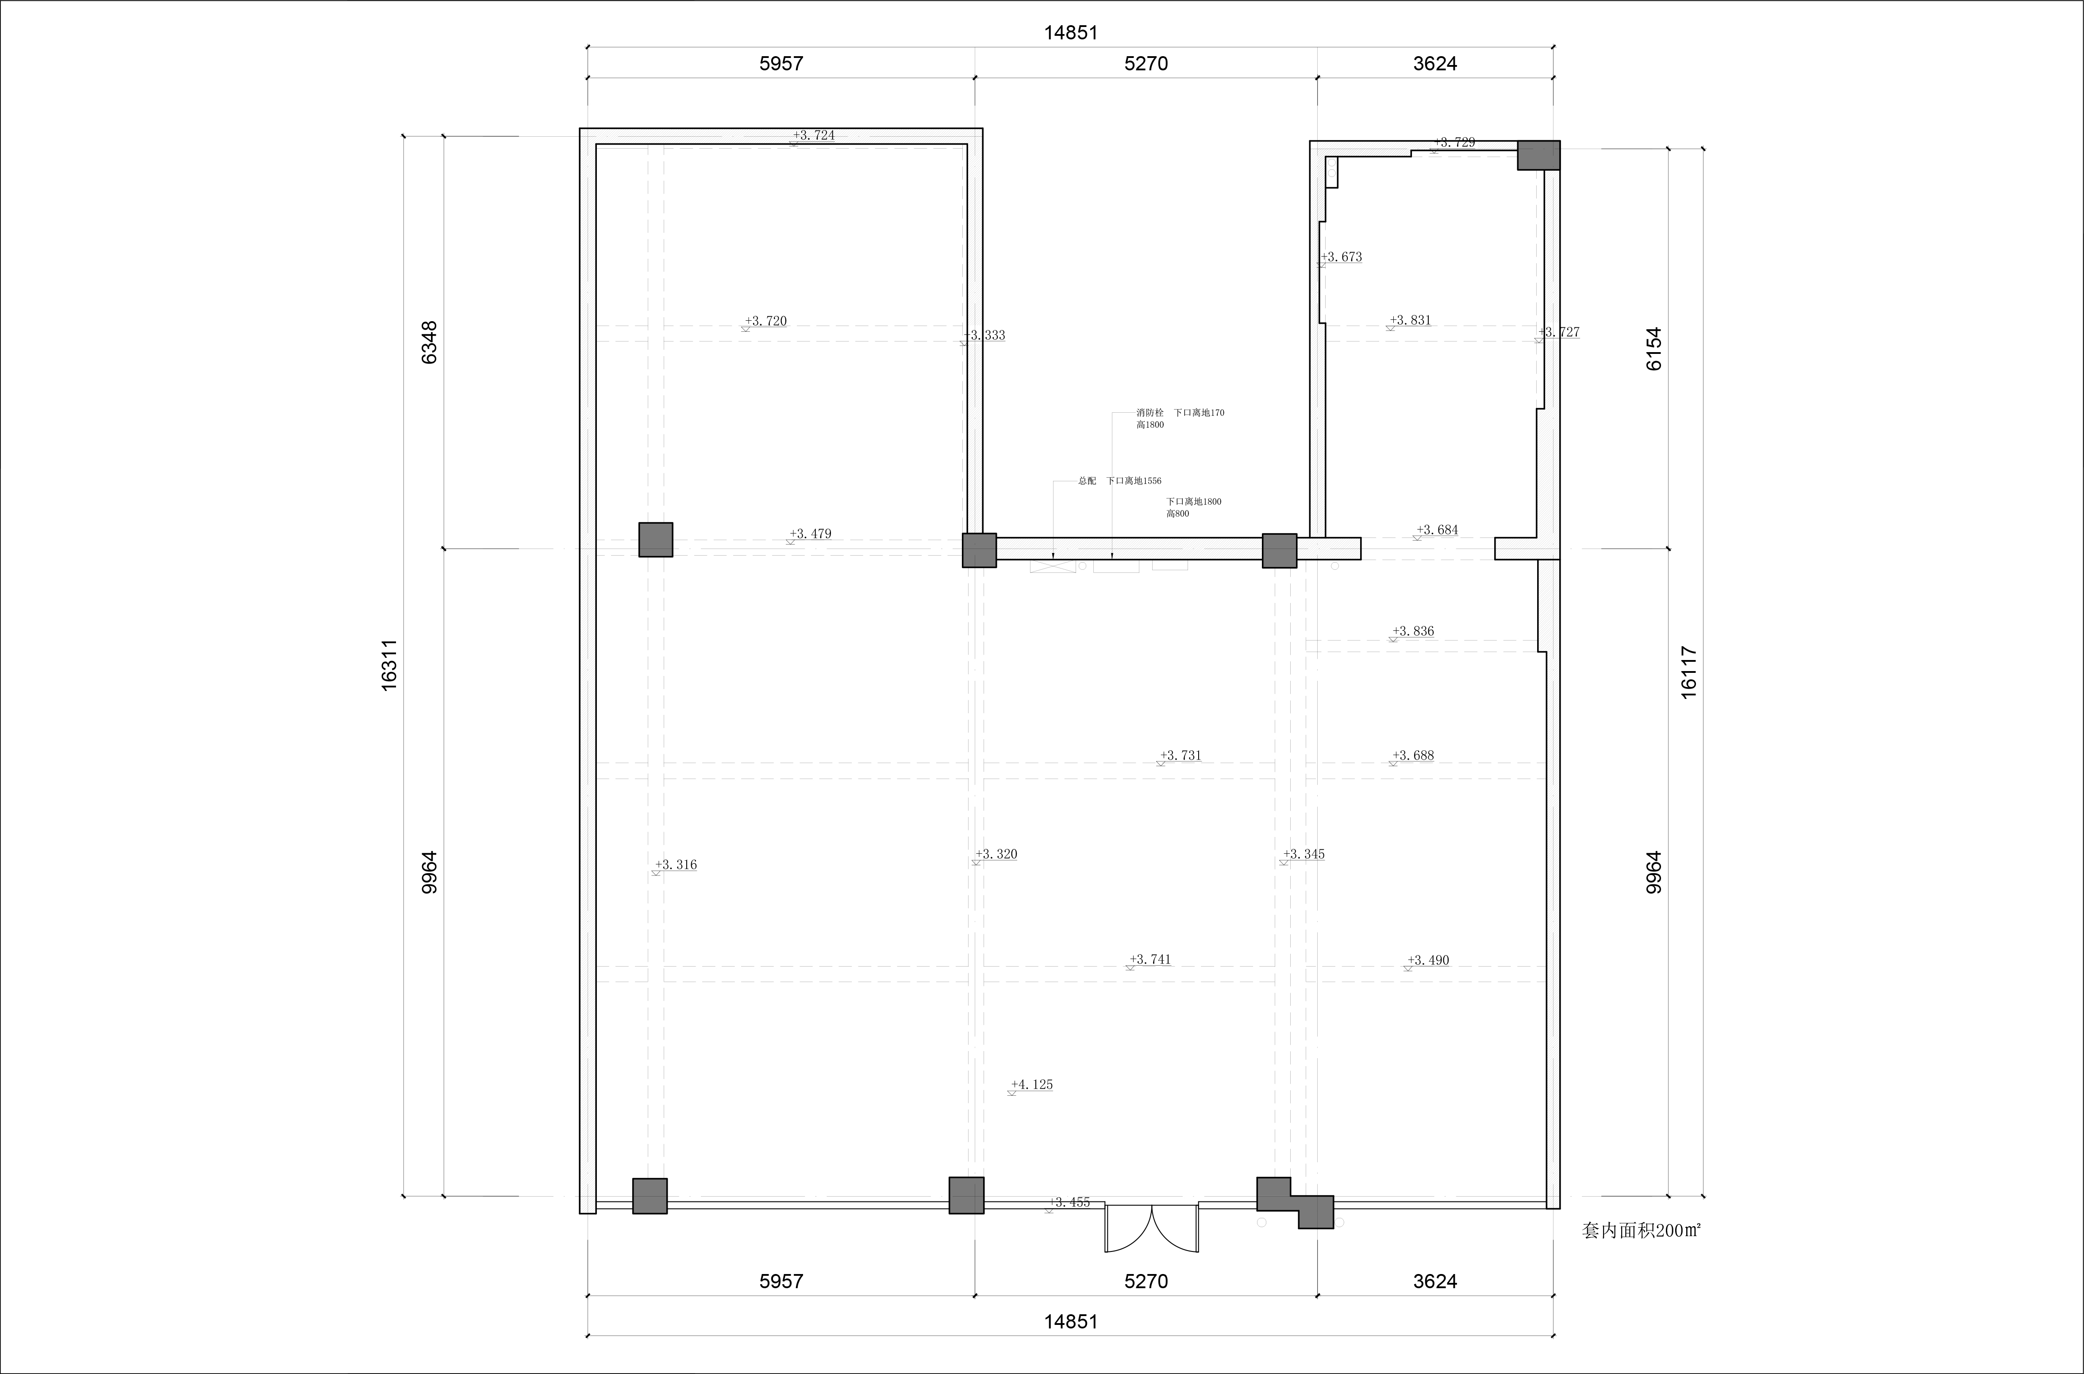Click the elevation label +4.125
pos(1031,1085)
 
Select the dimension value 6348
pos(430,343)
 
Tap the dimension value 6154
pos(1653,349)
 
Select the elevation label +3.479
pos(811,533)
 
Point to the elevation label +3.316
pos(676,865)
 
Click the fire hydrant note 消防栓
pos(1150,413)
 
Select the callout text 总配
pos(1087,481)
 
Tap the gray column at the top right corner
pos(1539,155)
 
